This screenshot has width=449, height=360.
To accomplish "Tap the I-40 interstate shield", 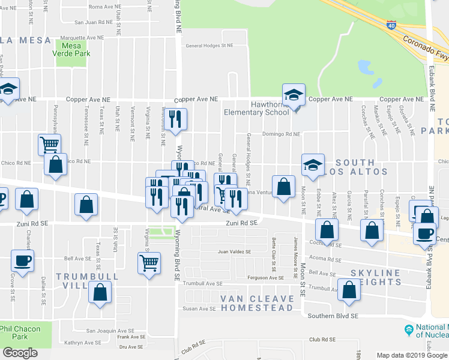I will tap(391, 25).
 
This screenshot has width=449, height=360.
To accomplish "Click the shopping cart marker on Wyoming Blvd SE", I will tap(148, 262).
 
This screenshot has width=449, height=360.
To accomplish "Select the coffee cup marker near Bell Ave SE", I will tap(23, 261).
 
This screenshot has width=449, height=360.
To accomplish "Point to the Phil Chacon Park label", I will tap(23, 332).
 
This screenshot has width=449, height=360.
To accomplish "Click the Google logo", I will tap(20, 352).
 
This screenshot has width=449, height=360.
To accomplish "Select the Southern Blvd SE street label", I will tap(333, 316).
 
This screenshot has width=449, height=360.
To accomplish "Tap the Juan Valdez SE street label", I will tap(234, 252).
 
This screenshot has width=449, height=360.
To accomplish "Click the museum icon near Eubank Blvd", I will tap(409, 329).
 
